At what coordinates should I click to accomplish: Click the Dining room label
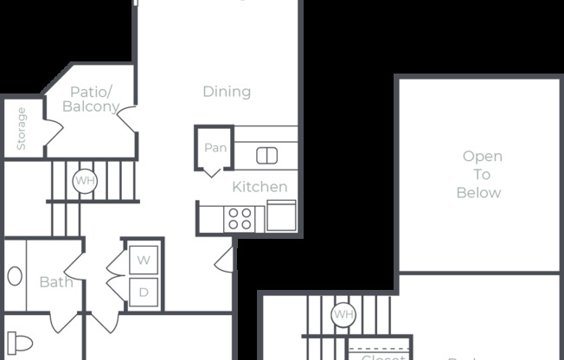click(x=227, y=92)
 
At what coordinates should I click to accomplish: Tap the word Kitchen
click(x=260, y=187)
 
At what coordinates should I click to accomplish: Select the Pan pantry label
click(x=215, y=148)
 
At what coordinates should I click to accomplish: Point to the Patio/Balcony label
click(x=91, y=100)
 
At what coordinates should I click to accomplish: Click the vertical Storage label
click(x=21, y=127)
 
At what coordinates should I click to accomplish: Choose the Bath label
click(x=56, y=282)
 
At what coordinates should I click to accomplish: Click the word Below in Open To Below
click(x=478, y=193)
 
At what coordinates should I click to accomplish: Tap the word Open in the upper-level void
click(x=482, y=157)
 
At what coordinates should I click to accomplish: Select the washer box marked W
click(x=144, y=260)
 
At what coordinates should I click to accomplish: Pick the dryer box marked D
click(x=144, y=292)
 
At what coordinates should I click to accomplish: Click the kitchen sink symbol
click(x=266, y=156)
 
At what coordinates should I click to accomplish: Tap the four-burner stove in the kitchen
click(x=240, y=218)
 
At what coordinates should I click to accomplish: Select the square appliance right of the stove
click(x=281, y=215)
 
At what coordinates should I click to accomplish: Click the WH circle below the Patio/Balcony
click(x=85, y=181)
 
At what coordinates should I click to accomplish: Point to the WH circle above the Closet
click(x=343, y=314)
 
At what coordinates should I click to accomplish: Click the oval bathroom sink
click(x=15, y=277)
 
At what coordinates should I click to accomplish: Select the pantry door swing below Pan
click(x=213, y=170)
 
